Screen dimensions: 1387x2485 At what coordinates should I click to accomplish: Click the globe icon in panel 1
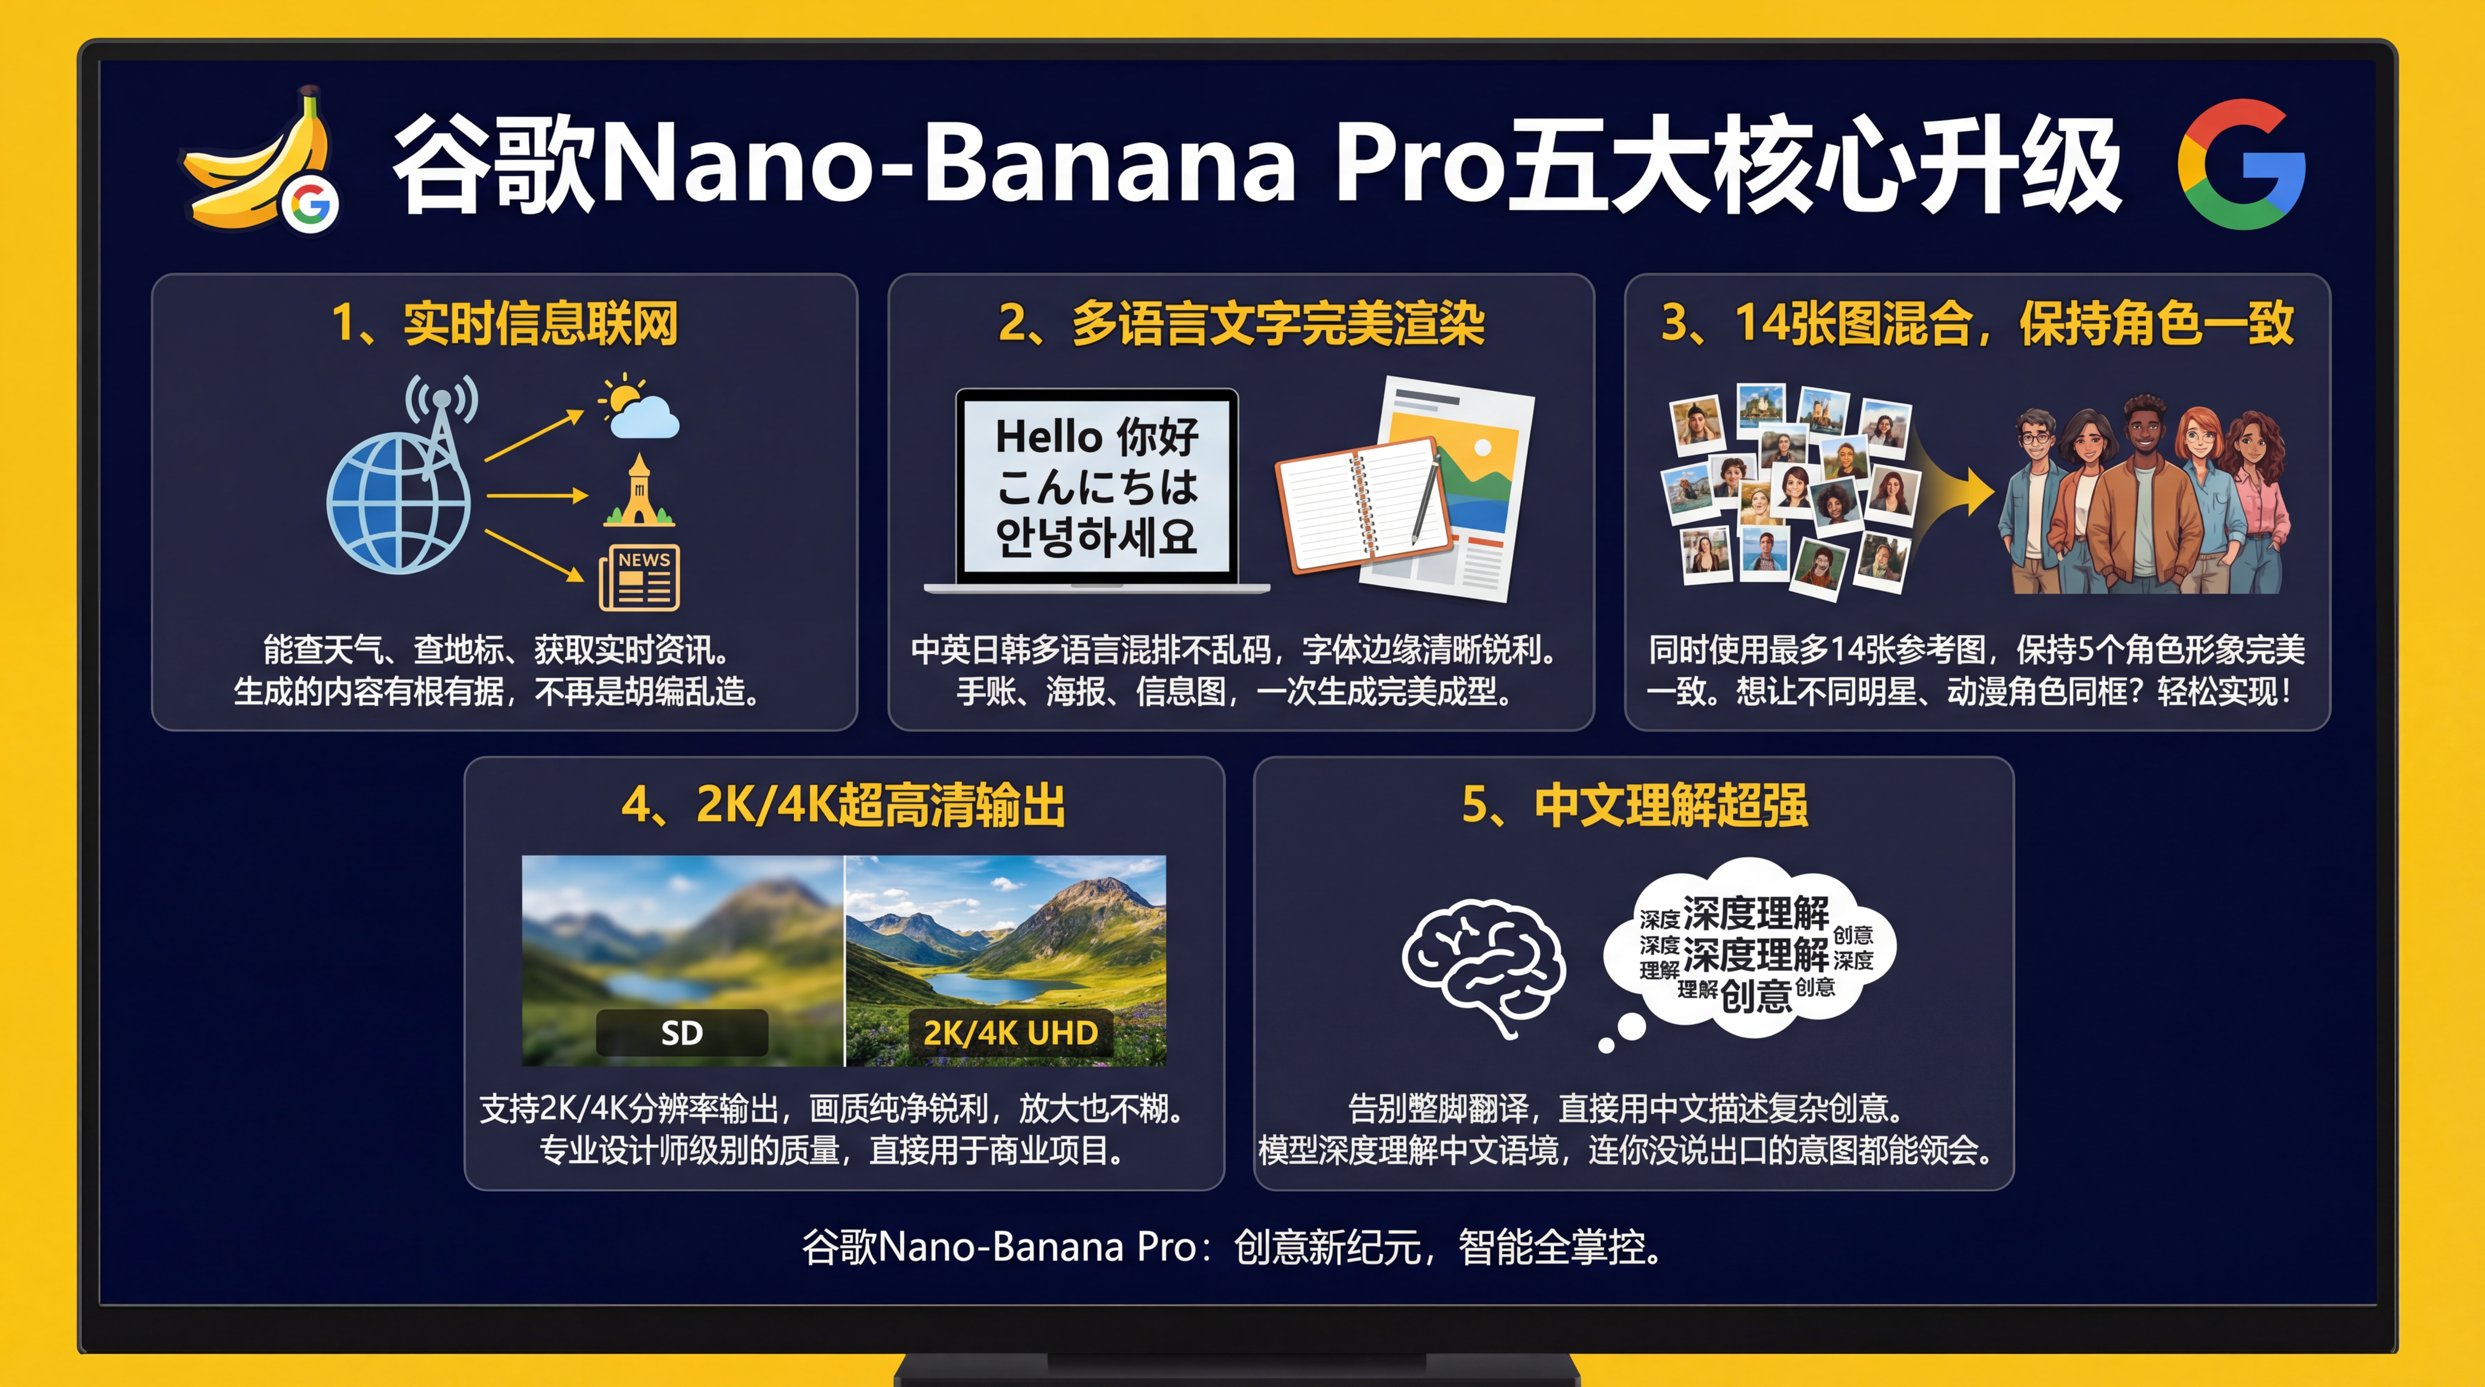pos(397,502)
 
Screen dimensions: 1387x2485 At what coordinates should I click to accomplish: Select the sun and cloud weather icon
pos(638,407)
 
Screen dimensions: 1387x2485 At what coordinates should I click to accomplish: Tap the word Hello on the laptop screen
pos(1049,437)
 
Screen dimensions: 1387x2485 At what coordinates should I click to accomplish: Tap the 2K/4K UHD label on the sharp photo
pos(1010,1033)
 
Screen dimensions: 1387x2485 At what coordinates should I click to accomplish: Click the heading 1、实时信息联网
pos(504,323)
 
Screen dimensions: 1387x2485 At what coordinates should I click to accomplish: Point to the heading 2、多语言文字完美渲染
pos(1241,323)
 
